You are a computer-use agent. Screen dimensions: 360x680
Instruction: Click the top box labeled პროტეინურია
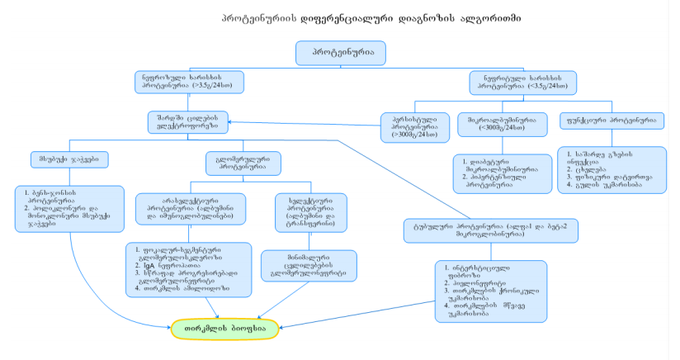[341, 53]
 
